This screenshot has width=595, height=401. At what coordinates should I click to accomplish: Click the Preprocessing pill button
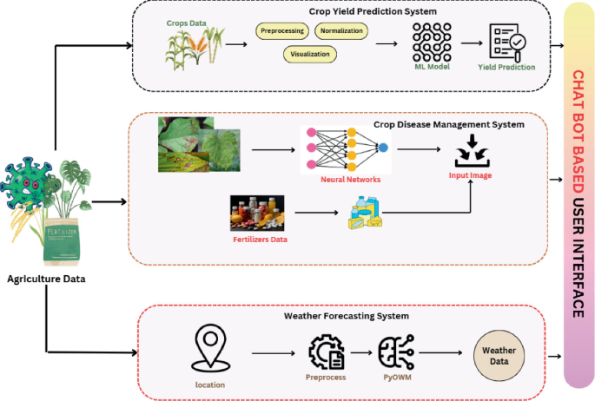coord(282,31)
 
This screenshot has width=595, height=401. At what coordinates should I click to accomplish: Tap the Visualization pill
coord(310,54)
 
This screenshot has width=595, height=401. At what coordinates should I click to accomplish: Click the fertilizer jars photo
coord(258,213)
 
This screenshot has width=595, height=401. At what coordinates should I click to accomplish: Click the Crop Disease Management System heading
coord(448,124)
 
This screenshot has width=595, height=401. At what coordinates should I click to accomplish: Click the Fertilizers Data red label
coord(260,239)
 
